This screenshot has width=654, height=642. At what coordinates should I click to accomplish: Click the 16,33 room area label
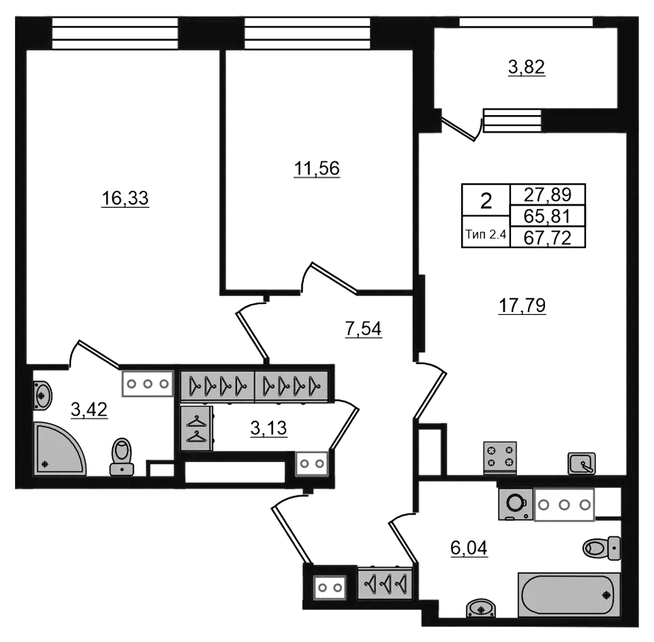click(125, 198)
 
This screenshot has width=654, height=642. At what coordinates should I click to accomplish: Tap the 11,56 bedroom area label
click(317, 168)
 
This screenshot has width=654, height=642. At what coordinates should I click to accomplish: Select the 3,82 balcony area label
click(527, 67)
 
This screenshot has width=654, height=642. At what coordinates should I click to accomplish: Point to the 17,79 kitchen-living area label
click(523, 306)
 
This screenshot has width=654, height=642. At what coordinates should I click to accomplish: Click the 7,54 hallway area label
click(363, 328)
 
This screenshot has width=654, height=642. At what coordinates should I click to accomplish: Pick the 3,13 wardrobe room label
click(268, 428)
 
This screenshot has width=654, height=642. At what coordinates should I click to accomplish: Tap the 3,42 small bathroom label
click(89, 410)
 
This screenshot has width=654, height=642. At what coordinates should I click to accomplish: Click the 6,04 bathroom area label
click(469, 548)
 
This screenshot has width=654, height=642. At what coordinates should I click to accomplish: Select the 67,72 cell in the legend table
click(547, 239)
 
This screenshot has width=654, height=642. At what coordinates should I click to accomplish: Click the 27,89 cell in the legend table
click(547, 194)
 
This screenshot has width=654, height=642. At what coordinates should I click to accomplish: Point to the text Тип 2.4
click(486, 234)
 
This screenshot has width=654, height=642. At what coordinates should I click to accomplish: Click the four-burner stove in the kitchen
click(500, 457)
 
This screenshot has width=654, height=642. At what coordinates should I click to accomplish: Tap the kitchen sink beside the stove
click(581, 463)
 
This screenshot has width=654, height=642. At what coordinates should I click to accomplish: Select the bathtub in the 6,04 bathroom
click(569, 595)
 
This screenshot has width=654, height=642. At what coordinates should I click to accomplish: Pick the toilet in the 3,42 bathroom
click(122, 457)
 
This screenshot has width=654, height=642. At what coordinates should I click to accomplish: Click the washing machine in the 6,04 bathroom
click(516, 504)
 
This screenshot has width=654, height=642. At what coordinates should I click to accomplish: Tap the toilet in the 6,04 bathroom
click(602, 548)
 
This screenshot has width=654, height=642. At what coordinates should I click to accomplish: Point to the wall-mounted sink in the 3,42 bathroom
click(42, 395)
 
